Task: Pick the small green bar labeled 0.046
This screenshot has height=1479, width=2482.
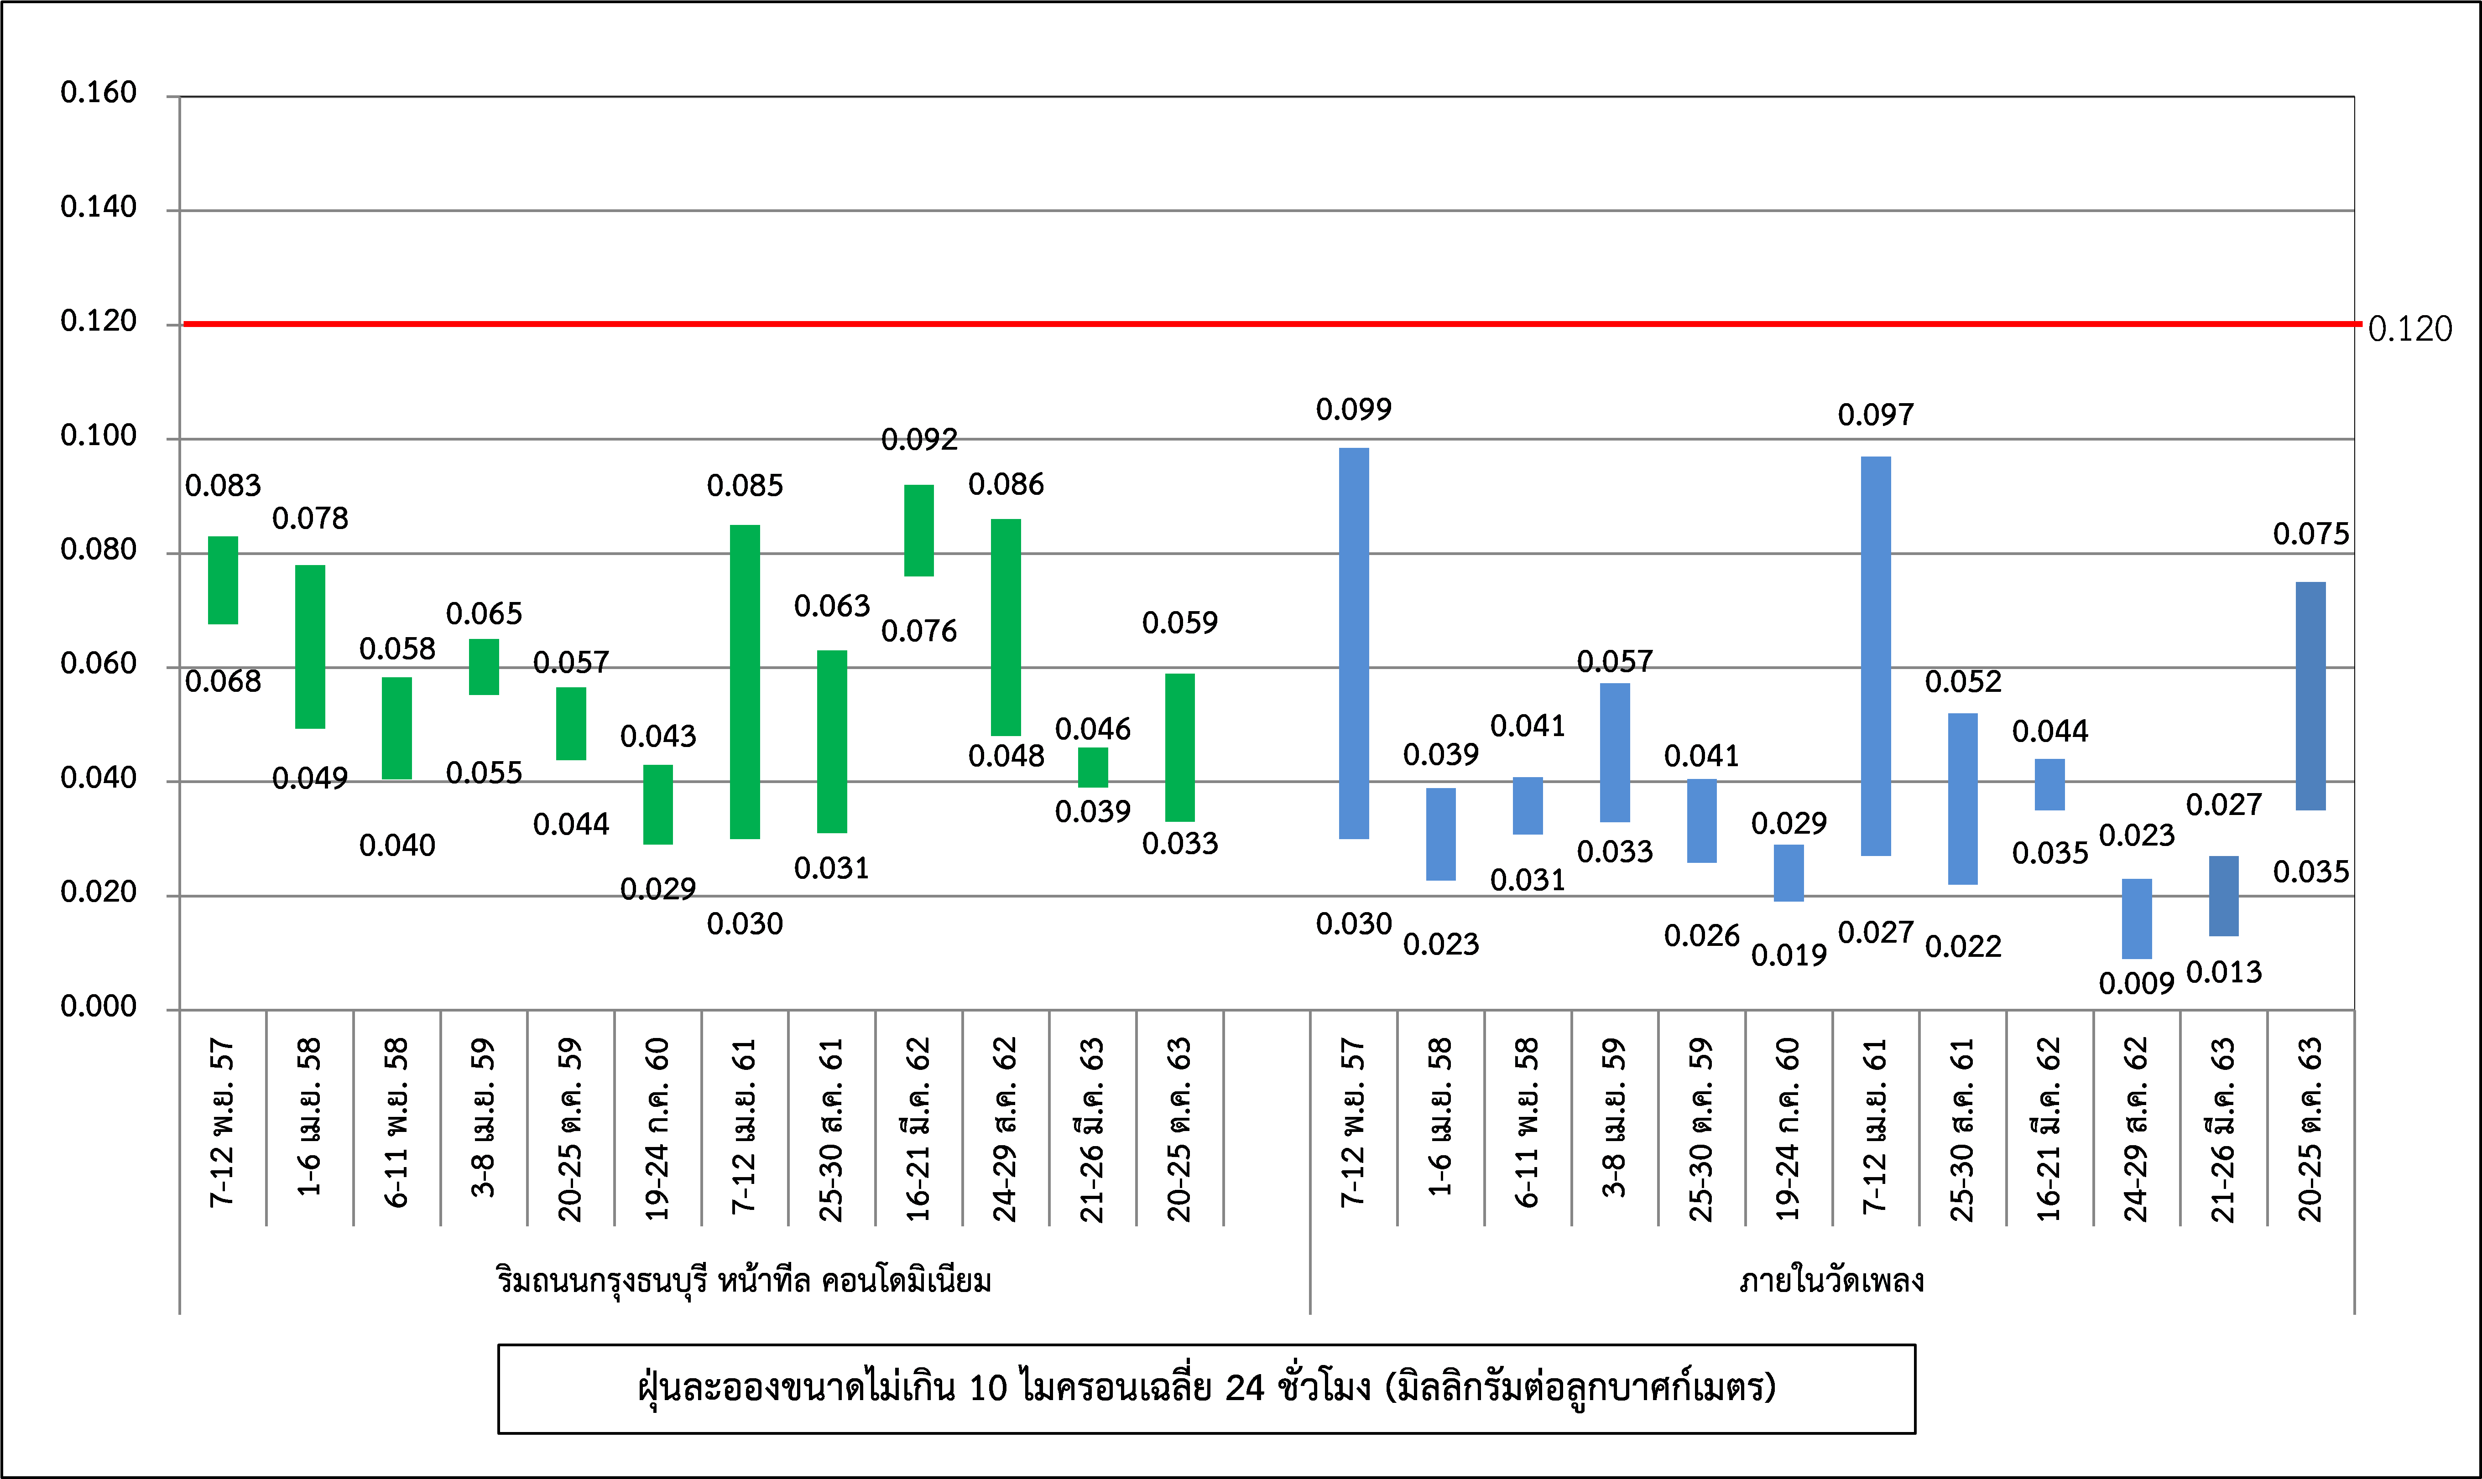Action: pos(1092,768)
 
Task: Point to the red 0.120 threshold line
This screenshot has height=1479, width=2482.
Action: pos(1266,324)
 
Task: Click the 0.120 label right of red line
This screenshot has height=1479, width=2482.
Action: pos(2409,329)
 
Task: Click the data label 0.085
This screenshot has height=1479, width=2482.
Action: pos(745,486)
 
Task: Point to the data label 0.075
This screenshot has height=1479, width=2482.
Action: pos(2310,534)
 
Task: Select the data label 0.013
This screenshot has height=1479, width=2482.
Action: pos(2224,972)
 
